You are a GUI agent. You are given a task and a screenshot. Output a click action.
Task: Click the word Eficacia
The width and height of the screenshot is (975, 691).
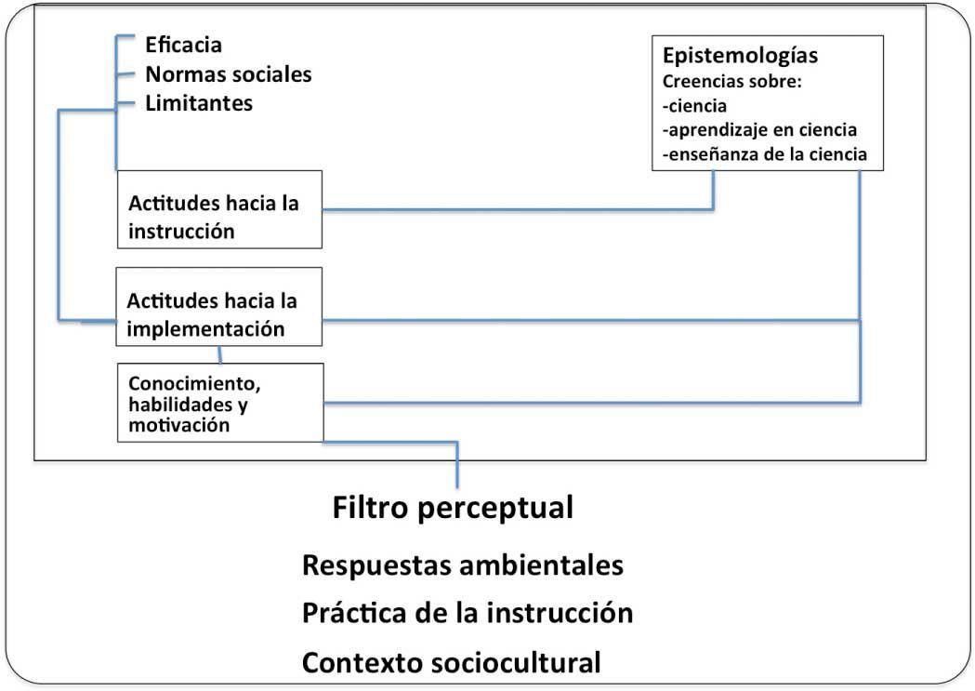(184, 44)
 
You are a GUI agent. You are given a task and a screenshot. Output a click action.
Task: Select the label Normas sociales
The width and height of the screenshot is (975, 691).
(228, 73)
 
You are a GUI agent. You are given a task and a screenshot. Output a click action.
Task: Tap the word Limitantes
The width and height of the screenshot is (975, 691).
(199, 103)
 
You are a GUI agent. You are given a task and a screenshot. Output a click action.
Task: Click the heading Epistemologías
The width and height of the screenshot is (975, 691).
(740, 54)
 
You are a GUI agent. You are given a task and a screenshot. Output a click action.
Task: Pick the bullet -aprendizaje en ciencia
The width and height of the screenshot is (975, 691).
(759, 129)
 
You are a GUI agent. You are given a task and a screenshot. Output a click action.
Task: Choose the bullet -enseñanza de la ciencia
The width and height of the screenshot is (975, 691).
(765, 154)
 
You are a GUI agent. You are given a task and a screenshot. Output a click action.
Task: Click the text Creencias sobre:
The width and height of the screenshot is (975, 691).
(731, 81)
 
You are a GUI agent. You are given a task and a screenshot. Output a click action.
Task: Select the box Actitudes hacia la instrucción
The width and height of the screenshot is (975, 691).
(219, 209)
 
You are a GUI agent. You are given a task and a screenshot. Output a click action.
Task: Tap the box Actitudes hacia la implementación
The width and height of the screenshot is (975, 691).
(219, 306)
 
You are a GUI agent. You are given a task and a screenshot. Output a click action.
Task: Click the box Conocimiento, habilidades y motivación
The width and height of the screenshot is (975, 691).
(219, 403)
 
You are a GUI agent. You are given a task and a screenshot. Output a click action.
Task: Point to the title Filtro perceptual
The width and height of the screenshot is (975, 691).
(453, 508)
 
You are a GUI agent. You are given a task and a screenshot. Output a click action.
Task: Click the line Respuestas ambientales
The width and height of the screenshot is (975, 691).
(462, 565)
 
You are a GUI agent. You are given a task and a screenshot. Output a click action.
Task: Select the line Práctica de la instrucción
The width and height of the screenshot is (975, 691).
(468, 614)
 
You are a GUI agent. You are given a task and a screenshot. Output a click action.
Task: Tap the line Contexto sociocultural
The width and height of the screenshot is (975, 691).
(452, 663)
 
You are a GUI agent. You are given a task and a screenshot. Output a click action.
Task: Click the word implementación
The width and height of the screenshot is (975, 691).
(205, 328)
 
